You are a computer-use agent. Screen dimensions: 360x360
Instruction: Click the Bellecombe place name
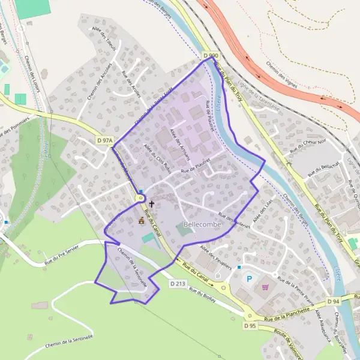(203, 224)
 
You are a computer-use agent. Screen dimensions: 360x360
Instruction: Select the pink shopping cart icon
(265, 287)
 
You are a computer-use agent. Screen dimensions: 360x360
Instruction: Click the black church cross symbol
(151, 204)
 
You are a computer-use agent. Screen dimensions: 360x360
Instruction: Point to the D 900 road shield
(210, 56)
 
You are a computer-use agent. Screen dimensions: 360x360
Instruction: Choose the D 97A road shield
(104, 140)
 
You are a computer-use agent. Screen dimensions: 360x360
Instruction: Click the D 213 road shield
(177, 283)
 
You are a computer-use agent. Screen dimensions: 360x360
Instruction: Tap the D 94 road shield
(334, 301)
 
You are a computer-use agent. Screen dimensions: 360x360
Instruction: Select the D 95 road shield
(250, 325)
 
